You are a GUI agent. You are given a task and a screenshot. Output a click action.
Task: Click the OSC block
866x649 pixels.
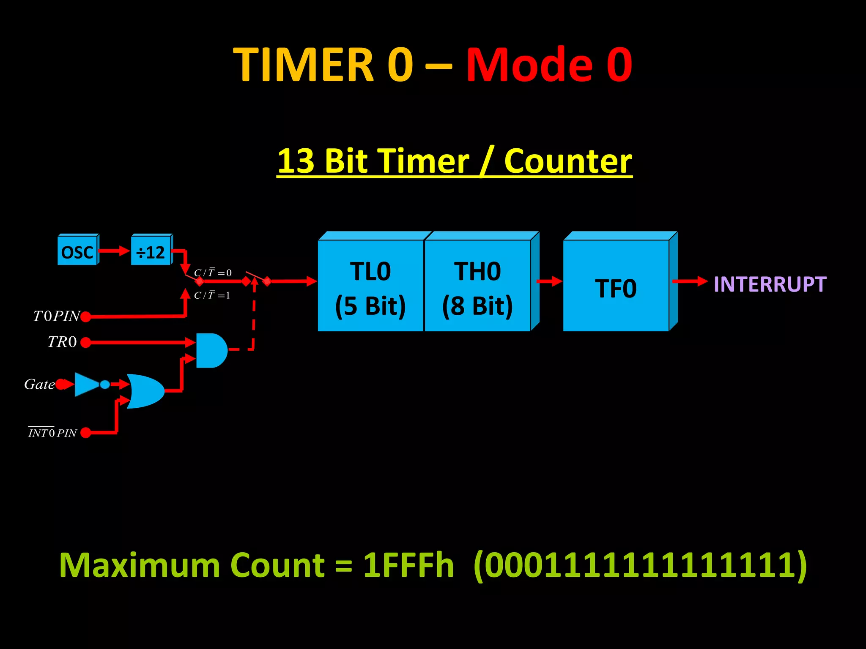coord(77,252)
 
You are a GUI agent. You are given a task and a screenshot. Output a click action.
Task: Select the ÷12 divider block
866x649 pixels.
coord(151,252)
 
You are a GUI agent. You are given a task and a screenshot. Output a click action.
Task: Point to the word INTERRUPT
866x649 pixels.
coord(770,284)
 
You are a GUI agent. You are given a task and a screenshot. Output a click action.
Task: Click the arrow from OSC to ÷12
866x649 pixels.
coord(114,251)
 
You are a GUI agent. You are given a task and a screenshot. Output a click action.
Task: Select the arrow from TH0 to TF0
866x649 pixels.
coord(549,281)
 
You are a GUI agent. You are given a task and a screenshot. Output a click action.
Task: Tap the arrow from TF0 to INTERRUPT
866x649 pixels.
coord(690,281)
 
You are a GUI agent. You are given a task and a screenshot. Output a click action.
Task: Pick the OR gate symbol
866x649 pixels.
coord(145,391)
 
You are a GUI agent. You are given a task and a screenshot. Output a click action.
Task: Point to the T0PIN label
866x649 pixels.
coord(56,316)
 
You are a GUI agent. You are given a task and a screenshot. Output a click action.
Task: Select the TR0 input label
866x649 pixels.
coord(62,342)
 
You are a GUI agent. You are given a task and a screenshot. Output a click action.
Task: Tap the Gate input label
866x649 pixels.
coord(39,384)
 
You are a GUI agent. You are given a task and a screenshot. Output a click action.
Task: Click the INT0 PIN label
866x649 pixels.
coord(52,433)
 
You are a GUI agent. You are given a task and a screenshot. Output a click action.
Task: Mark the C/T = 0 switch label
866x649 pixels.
coord(213,273)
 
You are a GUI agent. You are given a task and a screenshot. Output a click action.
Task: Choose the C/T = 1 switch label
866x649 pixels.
coord(212,295)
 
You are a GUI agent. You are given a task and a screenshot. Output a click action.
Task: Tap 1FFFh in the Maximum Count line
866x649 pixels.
coord(408,565)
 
